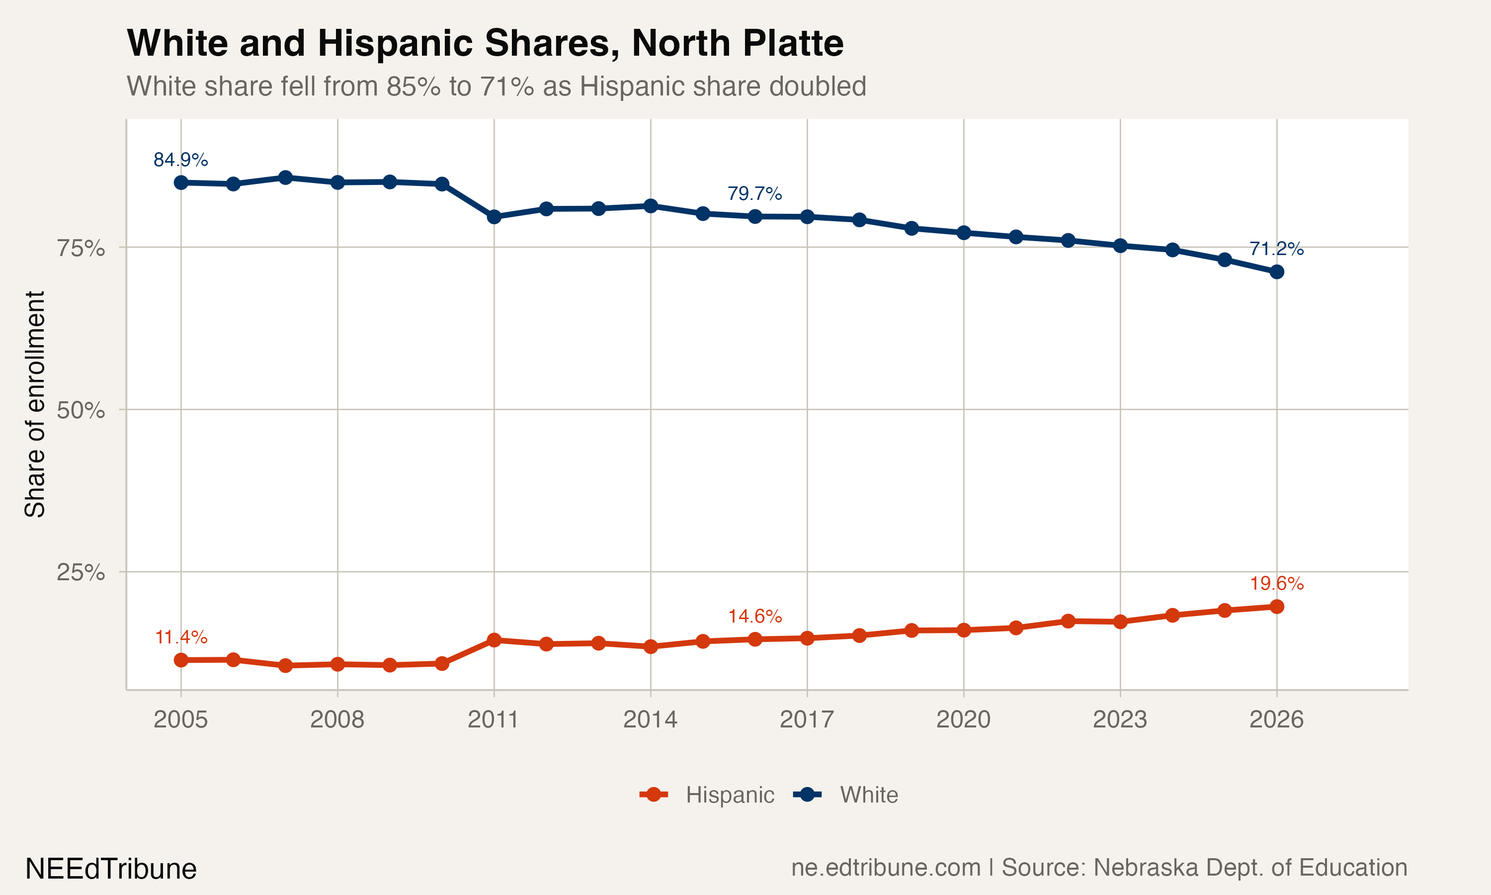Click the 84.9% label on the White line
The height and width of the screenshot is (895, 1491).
[x=180, y=160]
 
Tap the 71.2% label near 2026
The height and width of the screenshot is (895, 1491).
[x=1276, y=249]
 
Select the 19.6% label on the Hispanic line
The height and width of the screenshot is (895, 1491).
[x=1276, y=583]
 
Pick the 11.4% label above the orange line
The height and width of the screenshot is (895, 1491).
[x=181, y=637]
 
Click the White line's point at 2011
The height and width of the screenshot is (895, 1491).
[x=494, y=216]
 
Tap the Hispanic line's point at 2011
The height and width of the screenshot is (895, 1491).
[x=494, y=640]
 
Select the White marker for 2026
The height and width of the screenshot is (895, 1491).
[x=1276, y=272]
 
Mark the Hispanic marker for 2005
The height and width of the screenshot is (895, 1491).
[x=181, y=660]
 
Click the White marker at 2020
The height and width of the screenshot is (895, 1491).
[x=964, y=232]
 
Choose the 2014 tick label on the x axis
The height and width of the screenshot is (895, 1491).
[x=650, y=719]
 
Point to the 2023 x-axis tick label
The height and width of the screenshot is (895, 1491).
[x=1120, y=719]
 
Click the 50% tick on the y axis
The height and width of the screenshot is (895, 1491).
[x=81, y=410]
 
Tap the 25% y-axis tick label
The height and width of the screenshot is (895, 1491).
[x=81, y=572]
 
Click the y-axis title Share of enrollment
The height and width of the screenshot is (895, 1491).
[x=35, y=404]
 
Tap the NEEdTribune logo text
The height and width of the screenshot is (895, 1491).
[x=111, y=869]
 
